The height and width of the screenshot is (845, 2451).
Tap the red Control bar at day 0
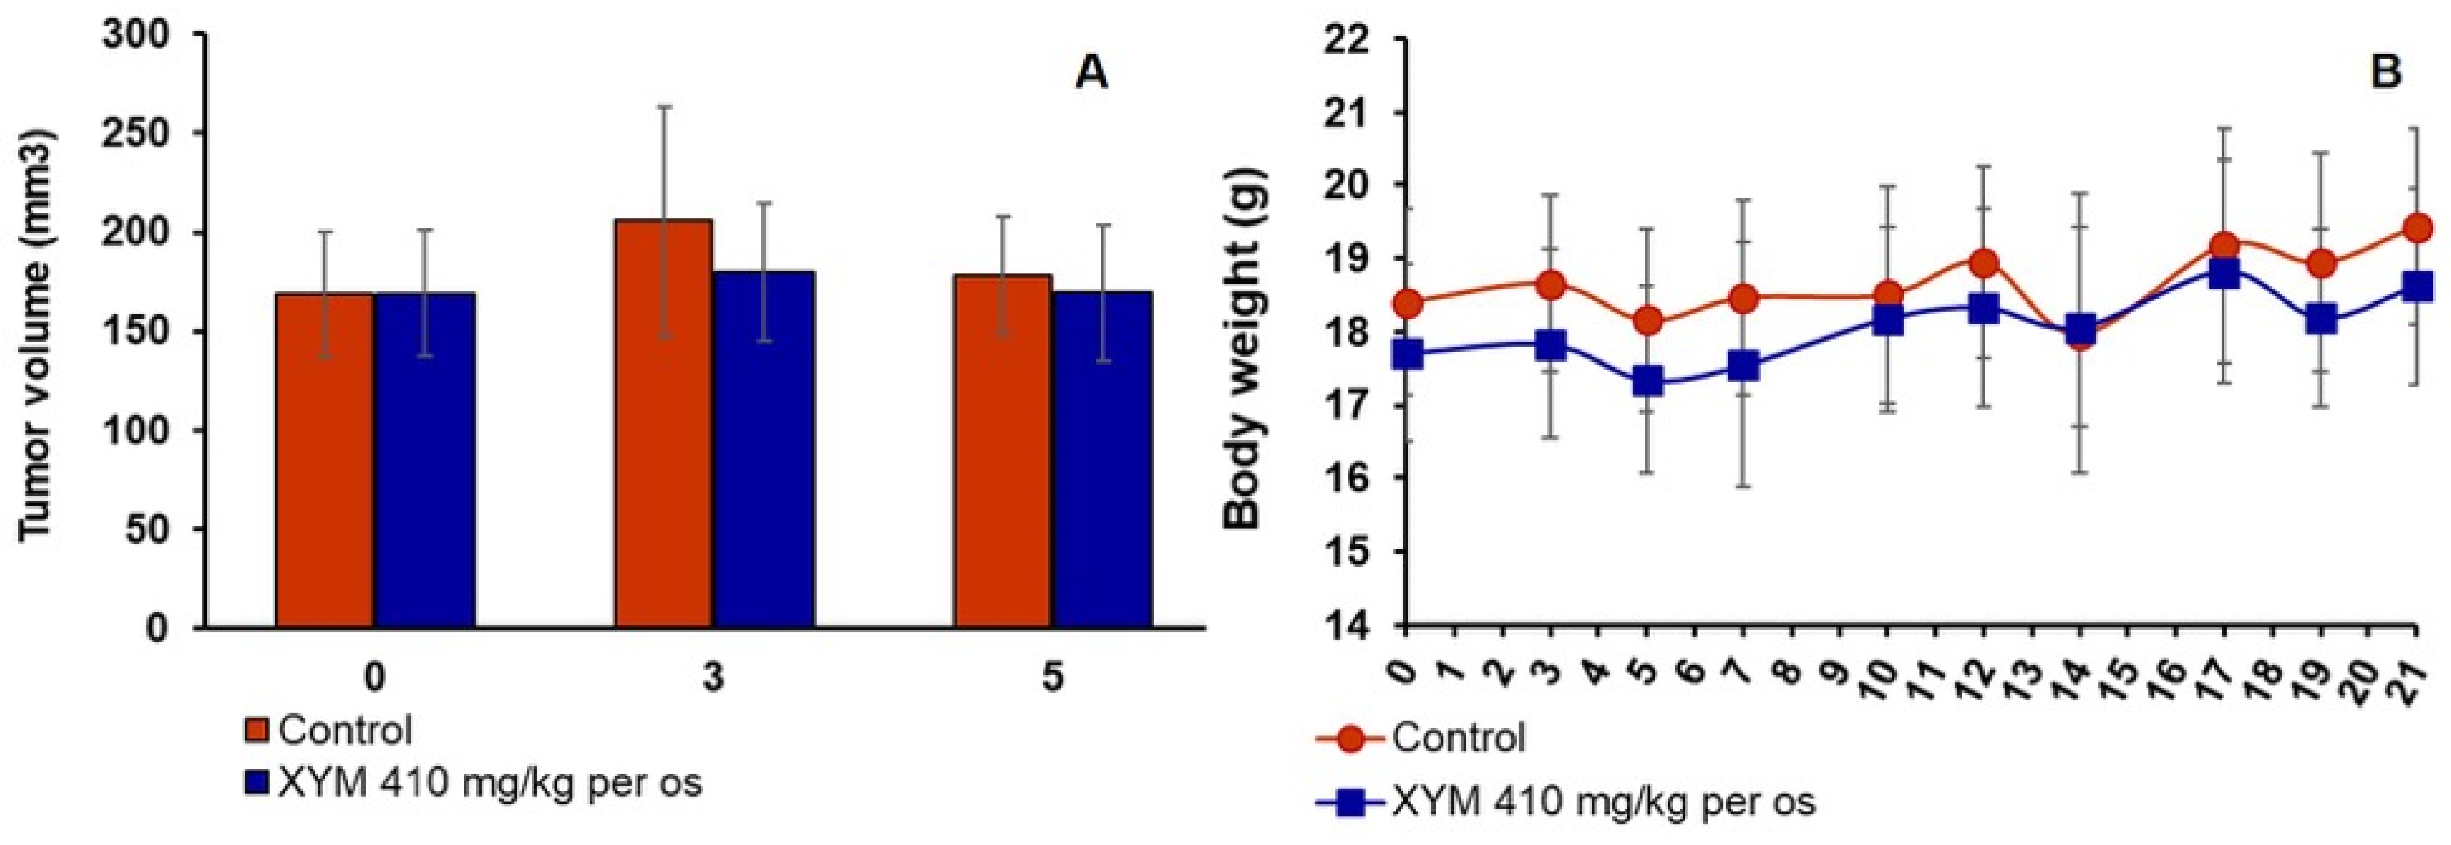(x=324, y=461)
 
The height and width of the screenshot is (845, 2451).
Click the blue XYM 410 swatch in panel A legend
(x=259, y=782)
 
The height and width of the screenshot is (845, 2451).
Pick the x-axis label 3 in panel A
(x=713, y=679)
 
